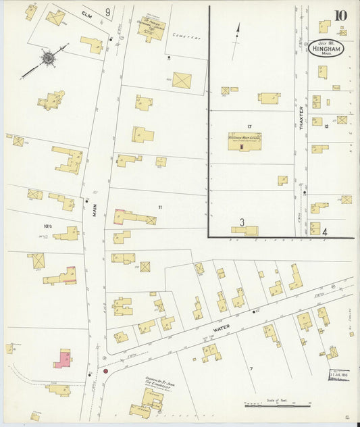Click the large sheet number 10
[340, 16]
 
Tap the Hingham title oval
[328, 49]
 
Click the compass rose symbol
[49, 59]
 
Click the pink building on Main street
[63, 358]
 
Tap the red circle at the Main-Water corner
[105, 371]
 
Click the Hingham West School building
[245, 141]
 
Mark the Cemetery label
[187, 38]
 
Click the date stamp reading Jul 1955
[338, 375]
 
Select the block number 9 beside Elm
[107, 11]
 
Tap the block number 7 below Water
[250, 368]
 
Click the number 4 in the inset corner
[324, 232]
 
